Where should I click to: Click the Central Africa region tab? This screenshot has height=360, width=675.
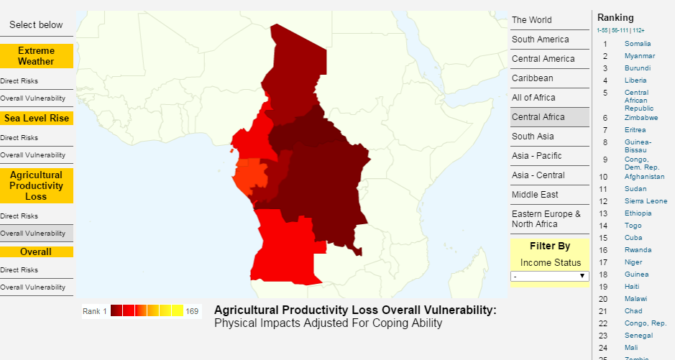[x=538, y=117]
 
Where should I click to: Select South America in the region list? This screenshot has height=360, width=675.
[x=540, y=40]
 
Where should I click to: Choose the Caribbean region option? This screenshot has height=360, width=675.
[x=533, y=78]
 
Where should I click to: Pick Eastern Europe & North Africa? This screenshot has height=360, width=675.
[x=546, y=218]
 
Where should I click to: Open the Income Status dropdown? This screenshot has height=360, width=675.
[x=549, y=276]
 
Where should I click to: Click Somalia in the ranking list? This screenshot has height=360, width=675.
[x=638, y=44]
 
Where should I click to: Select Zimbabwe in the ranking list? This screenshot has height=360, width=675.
[x=641, y=118]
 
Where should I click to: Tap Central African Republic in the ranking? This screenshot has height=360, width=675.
[x=637, y=98]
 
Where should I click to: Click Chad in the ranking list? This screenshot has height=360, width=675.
[x=633, y=311]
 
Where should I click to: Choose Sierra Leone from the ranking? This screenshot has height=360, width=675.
[x=646, y=201]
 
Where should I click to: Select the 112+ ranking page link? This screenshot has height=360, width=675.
[x=639, y=30]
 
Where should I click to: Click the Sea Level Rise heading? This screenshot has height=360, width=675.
[x=36, y=119]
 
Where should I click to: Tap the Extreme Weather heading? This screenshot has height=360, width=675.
[x=36, y=56]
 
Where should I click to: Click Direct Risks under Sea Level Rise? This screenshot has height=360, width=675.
[x=19, y=137]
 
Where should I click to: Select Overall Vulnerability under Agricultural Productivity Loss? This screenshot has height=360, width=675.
[x=32, y=234]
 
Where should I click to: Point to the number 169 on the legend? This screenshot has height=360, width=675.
[x=192, y=311]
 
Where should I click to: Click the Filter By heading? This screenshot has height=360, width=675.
[x=549, y=246]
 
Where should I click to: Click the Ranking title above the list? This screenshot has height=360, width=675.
[x=615, y=17]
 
